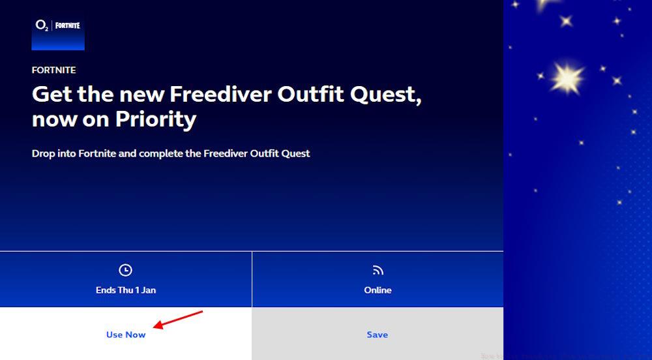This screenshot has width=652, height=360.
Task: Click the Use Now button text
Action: click(126, 335)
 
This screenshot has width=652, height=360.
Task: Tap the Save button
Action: click(377, 335)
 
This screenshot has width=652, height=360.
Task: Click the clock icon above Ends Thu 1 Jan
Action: click(126, 270)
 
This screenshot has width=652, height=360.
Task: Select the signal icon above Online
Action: click(378, 270)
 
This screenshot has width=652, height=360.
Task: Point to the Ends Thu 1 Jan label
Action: click(126, 290)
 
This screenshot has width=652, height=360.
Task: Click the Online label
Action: click(378, 290)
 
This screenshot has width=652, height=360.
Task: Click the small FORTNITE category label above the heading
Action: click(53, 70)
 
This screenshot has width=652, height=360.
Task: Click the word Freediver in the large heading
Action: click(220, 95)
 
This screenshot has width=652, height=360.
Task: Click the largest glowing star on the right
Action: click(566, 78)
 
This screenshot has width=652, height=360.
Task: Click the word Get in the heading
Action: click(51, 95)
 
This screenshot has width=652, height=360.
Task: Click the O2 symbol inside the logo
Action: click(42, 26)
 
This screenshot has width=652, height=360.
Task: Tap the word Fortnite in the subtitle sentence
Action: click(98, 154)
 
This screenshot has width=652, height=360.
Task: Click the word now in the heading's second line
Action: click(53, 119)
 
